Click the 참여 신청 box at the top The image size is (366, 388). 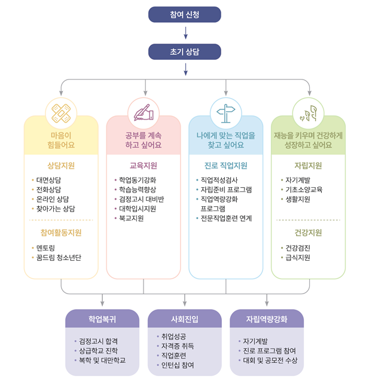pyautogui.click(x=185, y=14)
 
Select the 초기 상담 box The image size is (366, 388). pyautogui.click(x=185, y=52)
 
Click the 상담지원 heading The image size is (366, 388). pyautogui.click(x=61, y=166)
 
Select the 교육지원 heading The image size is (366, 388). pyautogui.click(x=144, y=166)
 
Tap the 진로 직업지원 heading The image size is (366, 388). pyautogui.click(x=225, y=166)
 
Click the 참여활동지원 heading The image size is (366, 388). pyautogui.click(x=61, y=232)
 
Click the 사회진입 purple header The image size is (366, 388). pyautogui.click(x=185, y=319)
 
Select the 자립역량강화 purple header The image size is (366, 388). pyautogui.click(x=267, y=319)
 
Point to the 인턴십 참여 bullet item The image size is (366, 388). pyautogui.click(x=178, y=365)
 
